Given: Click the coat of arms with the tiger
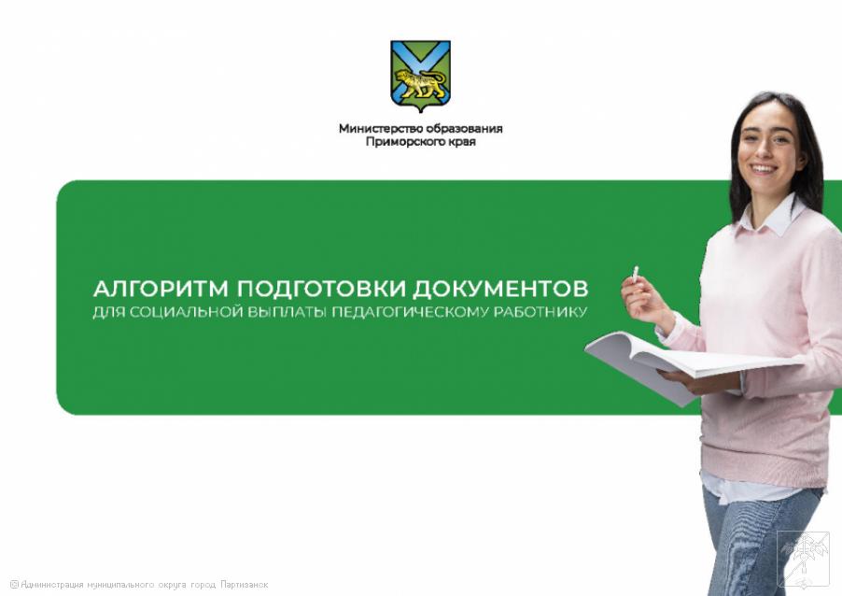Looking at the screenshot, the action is tap(420, 76).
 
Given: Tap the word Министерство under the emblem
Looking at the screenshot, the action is tap(381, 129).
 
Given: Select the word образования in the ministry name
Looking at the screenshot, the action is tap(465, 129).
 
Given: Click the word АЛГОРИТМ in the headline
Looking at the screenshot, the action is tap(161, 289).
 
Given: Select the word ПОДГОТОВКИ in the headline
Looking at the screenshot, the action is tap(321, 289).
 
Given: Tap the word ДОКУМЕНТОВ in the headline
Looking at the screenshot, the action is tap(500, 289).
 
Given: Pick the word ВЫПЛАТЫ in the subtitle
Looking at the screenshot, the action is tap(287, 312).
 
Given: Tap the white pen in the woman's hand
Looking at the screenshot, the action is tap(636, 274).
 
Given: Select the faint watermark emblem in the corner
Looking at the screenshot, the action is tap(803, 560).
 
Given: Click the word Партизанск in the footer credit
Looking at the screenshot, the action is tap(245, 584).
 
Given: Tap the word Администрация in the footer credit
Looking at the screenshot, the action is tap(52, 584).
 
